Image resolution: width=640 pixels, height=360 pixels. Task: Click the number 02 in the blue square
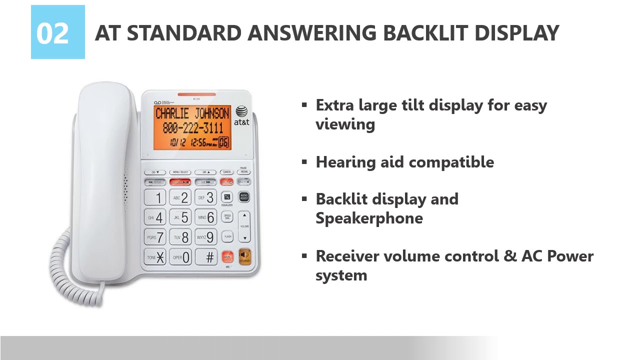(52, 33)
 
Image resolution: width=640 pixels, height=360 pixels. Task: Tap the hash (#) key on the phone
(206, 257)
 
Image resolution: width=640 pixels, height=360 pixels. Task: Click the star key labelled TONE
(154, 257)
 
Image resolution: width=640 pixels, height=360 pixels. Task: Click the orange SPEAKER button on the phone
(244, 256)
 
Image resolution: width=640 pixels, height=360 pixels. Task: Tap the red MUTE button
(227, 257)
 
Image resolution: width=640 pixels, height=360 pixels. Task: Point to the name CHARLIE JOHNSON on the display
(192, 113)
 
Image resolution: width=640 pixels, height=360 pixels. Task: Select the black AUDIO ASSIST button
(244, 197)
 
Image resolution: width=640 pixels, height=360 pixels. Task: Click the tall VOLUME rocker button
(244, 226)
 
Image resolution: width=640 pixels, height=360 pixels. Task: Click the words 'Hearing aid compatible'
(404, 162)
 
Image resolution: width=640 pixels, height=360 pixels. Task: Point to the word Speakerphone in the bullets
(369, 218)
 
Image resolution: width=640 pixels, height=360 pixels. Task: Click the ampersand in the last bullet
(509, 256)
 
